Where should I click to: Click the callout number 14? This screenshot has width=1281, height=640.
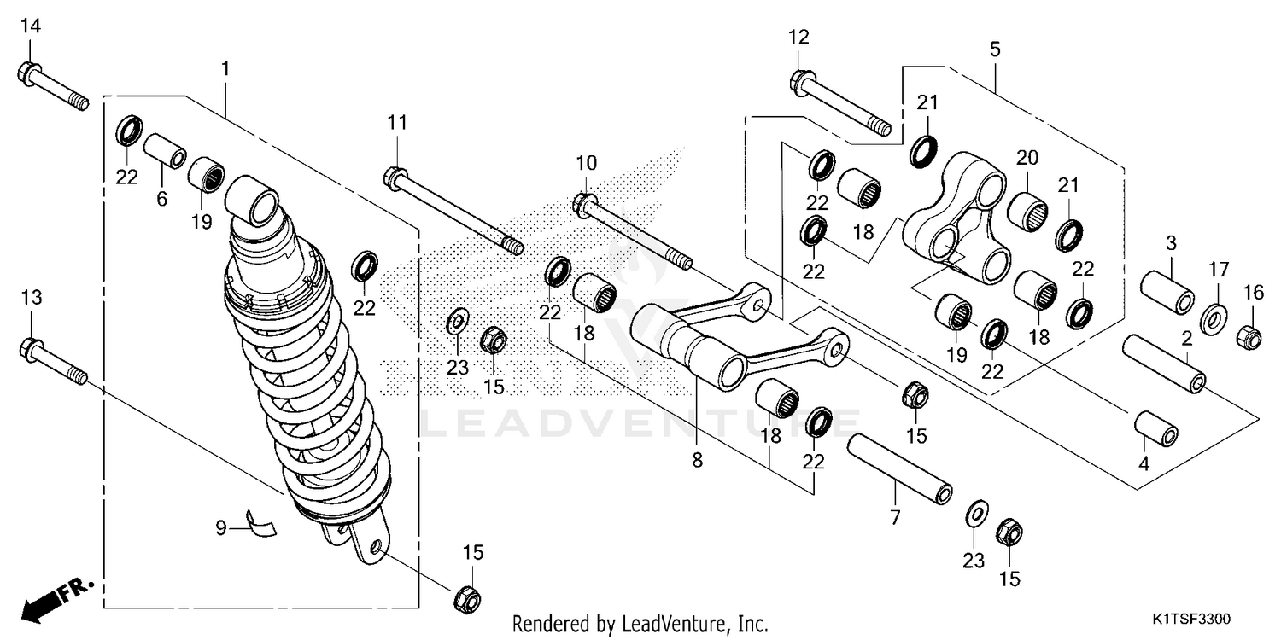point(30,26)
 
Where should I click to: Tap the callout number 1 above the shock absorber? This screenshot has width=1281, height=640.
point(225,67)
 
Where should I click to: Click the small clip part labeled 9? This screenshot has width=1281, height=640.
point(260,521)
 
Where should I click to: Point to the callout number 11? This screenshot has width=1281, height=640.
point(396,123)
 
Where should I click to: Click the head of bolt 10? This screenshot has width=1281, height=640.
point(584,204)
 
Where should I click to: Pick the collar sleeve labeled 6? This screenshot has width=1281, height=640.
point(164,150)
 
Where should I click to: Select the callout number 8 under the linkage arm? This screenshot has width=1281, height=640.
point(697,461)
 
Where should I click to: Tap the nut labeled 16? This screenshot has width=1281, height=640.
point(1249,338)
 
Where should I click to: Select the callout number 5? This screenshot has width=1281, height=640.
point(995,49)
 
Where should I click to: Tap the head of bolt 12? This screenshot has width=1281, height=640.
point(800,81)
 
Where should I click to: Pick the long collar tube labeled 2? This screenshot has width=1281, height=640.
point(1164,364)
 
